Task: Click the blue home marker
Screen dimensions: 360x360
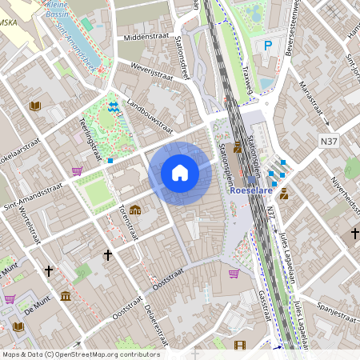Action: [180, 173]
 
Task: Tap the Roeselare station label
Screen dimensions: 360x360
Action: [251, 191]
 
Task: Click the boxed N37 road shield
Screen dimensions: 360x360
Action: [329, 142]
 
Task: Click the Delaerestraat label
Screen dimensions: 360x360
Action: [157, 321]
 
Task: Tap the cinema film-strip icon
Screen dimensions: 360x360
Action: [239, 346]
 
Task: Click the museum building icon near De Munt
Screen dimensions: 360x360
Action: [65, 297]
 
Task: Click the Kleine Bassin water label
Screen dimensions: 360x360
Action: [56, 10]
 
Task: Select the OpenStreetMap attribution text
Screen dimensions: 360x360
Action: [80, 354]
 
